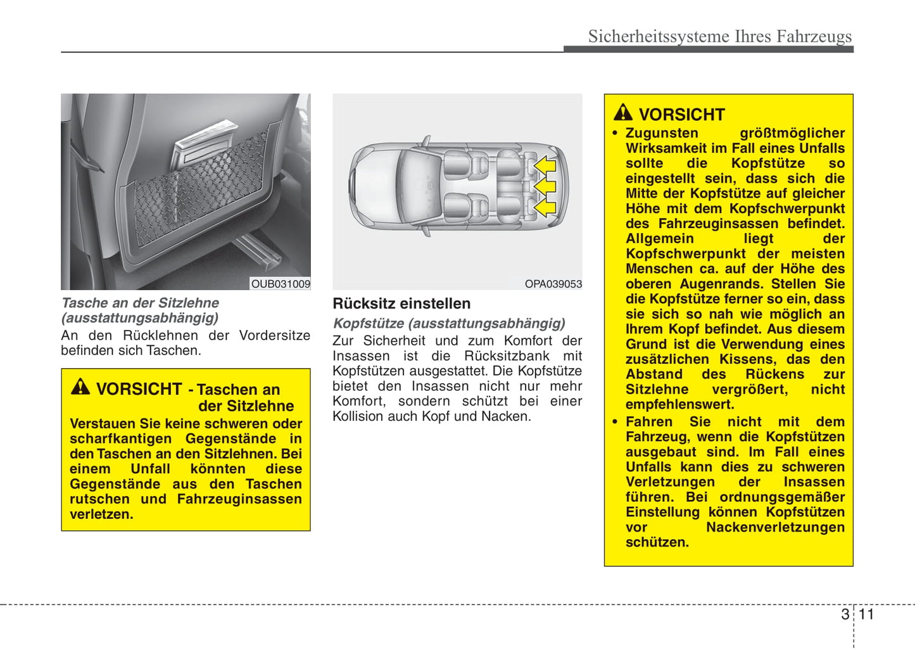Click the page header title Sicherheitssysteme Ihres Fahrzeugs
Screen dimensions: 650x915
tap(719, 36)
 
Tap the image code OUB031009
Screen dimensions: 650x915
tap(281, 284)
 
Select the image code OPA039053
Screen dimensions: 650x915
tap(553, 284)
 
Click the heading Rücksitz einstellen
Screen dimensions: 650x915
tap(401, 303)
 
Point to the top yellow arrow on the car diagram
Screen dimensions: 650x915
tap(545, 166)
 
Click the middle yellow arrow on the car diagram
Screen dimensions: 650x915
tap(545, 186)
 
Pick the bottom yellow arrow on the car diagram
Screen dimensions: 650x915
tap(545, 207)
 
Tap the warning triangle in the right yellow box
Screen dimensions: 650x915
tap(623, 113)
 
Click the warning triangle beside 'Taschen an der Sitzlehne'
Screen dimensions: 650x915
tap(80, 386)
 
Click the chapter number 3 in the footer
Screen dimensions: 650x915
tap(845, 614)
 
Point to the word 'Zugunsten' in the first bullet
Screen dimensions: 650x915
tap(662, 133)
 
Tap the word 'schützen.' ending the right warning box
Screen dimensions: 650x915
tap(657, 542)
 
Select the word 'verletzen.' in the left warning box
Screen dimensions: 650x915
tap(101, 514)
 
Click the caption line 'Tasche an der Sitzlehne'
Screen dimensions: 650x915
tap(140, 303)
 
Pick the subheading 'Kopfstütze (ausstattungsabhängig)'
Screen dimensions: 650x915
tap(449, 323)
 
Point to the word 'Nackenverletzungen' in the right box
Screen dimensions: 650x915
tap(775, 527)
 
